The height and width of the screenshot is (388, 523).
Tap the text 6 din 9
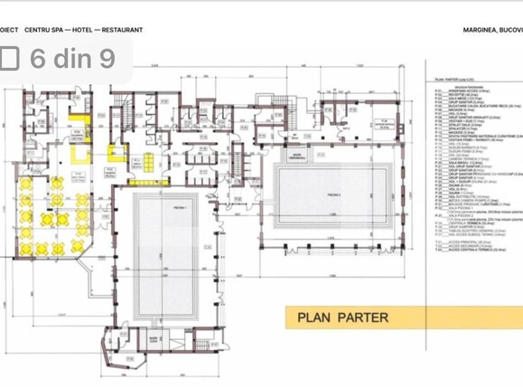point(72,59)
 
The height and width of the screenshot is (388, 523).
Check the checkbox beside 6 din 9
point(10,59)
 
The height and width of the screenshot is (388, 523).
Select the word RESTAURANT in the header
point(122,30)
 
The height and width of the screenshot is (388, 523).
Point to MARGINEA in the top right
point(479,30)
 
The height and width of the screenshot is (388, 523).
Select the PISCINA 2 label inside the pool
point(332,194)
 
